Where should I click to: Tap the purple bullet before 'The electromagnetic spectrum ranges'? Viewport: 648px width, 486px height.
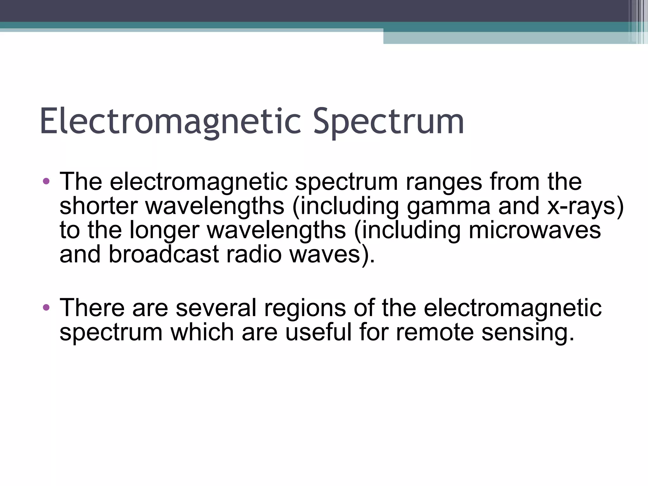click(x=46, y=181)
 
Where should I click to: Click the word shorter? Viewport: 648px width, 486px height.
click(x=98, y=206)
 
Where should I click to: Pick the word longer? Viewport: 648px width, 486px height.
click(x=164, y=230)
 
